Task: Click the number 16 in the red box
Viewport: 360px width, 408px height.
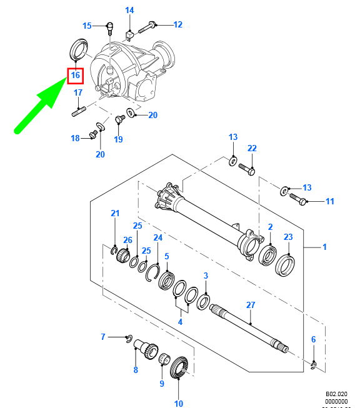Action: pos(75,76)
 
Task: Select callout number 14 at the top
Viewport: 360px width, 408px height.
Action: pos(129,10)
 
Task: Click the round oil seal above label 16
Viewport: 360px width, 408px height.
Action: pos(78,49)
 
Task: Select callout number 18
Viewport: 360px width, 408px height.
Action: pos(75,138)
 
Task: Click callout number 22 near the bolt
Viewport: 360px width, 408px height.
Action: pos(252,148)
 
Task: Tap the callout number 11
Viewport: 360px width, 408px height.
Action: pos(330,201)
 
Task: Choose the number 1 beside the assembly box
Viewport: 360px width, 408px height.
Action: pos(324,247)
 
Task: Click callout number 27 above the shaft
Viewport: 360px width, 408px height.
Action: pos(251,305)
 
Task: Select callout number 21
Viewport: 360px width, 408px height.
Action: pos(115,214)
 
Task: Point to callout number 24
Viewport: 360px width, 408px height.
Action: pos(158,238)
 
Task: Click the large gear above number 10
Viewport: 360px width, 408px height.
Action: pos(182,366)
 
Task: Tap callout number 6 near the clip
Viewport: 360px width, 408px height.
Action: pos(314,339)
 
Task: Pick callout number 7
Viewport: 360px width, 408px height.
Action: pos(104,337)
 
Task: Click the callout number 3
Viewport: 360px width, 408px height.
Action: pos(206,276)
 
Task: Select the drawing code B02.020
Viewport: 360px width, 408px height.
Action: pos(336,395)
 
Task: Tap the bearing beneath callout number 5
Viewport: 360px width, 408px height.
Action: pos(167,279)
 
